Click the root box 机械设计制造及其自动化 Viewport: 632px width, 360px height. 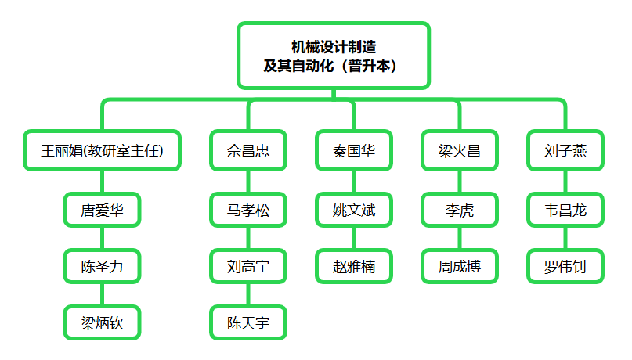coord(334,56)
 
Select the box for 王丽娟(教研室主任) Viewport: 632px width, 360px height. coord(102,150)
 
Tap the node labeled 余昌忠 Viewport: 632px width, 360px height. coord(248,150)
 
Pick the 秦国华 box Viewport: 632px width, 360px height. coord(354,150)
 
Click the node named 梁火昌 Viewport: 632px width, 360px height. coord(460,150)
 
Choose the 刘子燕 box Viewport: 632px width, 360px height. coord(565,150)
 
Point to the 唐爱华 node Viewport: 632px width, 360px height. coord(102,210)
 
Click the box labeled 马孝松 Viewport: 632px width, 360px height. coord(248,210)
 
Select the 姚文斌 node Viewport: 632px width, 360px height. coord(354,210)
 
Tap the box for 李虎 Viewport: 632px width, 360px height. coord(460,210)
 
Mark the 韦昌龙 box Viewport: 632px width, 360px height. coord(565,210)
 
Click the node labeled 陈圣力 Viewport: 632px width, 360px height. coord(102,266)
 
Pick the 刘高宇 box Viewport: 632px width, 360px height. coord(248,266)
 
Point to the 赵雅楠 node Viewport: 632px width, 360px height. coord(354,266)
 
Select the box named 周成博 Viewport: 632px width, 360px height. coord(460,266)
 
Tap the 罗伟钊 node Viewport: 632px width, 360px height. coord(565,266)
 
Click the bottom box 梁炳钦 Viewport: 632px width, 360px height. coord(102,322)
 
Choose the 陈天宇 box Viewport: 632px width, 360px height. coord(248,322)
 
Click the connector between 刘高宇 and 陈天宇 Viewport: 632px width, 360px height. coord(248,294)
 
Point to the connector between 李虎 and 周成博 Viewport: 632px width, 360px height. coord(460,238)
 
